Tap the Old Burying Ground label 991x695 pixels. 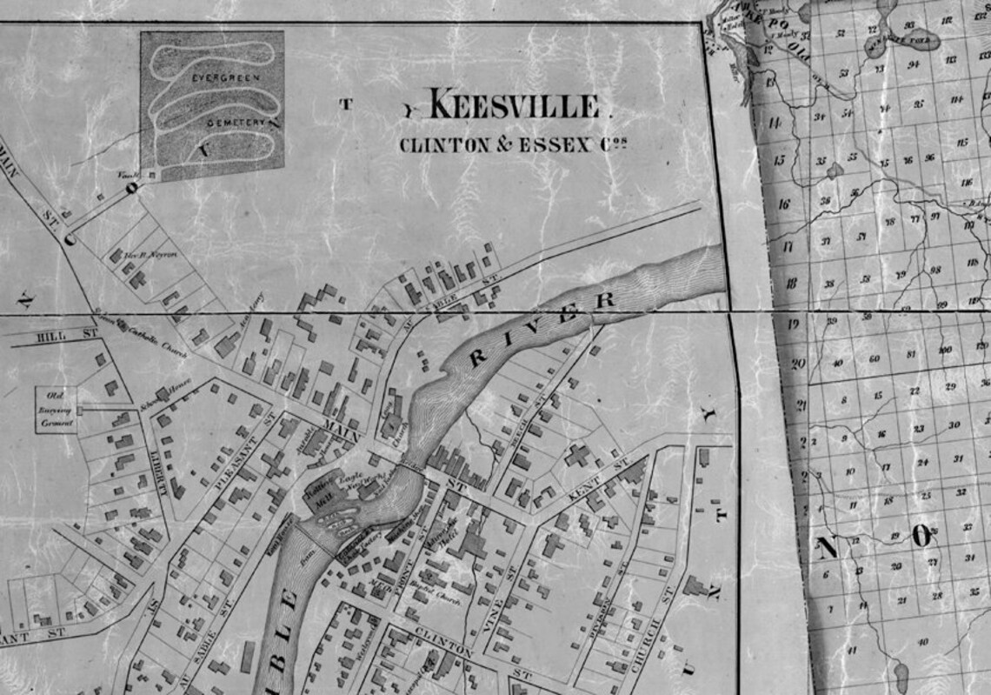click(x=56, y=409)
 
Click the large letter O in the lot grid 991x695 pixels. click(x=921, y=536)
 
